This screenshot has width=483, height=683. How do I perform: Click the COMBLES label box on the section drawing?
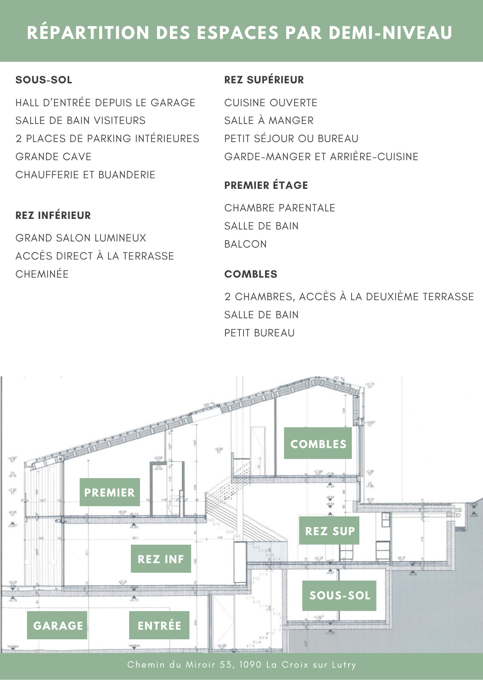point(318,443)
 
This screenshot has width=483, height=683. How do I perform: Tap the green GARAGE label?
point(57,625)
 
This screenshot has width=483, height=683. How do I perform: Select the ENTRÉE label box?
point(159,625)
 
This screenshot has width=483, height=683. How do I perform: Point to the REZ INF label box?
point(161,559)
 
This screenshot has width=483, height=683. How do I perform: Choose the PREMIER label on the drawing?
point(110,492)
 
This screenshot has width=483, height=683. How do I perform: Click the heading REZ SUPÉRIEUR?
point(264,80)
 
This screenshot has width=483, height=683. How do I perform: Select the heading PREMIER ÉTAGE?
point(266,185)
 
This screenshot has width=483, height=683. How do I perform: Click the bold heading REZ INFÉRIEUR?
point(53,215)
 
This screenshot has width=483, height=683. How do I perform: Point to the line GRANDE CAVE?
point(53,157)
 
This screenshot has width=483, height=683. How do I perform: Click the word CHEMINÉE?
point(42,274)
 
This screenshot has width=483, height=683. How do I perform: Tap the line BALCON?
point(245,244)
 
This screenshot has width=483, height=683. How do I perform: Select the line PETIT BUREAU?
point(259,333)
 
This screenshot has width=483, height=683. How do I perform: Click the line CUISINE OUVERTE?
point(271,103)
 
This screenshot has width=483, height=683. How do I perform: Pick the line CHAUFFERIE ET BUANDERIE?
point(85,175)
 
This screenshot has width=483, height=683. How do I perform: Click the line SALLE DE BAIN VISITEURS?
point(80,121)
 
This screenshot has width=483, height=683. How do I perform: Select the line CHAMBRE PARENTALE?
point(279,208)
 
